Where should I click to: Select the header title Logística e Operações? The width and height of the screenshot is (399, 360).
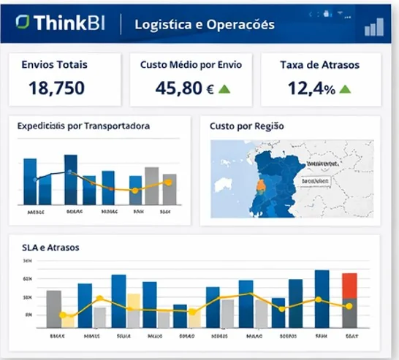(205, 24)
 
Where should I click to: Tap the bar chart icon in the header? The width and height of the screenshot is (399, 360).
(374, 28)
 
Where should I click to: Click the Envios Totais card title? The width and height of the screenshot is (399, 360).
(55, 65)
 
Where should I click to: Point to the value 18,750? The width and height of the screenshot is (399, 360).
(56, 88)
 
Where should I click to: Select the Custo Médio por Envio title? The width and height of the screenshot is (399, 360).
(191, 65)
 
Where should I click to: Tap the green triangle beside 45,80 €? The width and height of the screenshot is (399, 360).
(224, 89)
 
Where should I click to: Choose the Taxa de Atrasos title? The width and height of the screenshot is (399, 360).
(319, 65)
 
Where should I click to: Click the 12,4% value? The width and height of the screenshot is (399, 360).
(311, 88)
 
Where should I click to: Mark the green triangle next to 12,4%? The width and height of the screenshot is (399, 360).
(345, 89)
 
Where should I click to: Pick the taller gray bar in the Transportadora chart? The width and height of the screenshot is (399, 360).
(152, 185)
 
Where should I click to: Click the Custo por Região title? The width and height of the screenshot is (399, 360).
(246, 126)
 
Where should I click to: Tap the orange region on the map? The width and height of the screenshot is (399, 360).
(259, 185)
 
